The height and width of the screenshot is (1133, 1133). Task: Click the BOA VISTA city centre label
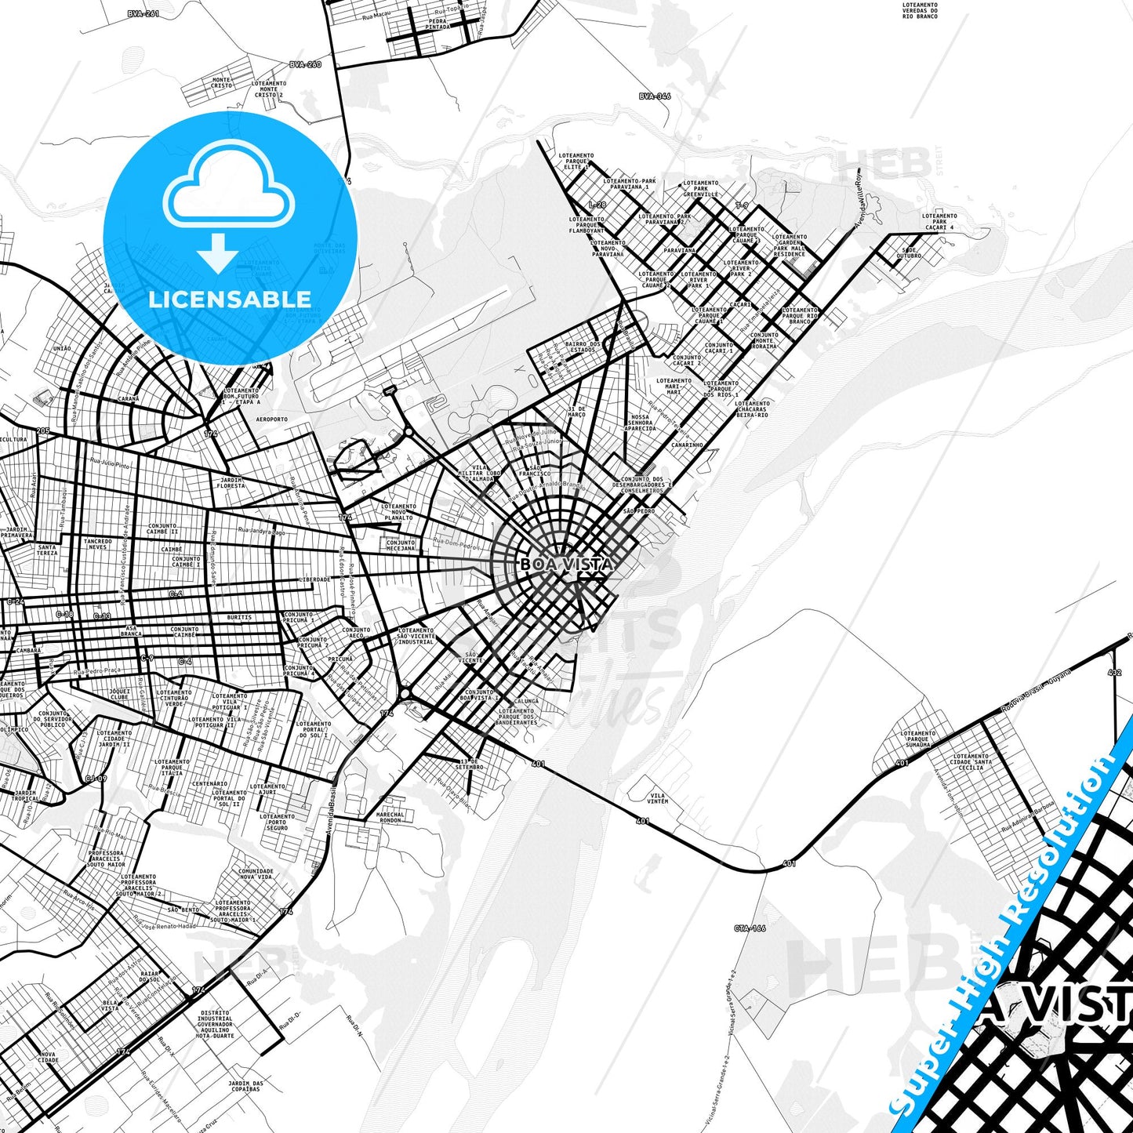tap(566, 564)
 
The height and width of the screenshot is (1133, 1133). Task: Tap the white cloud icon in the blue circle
tap(229, 189)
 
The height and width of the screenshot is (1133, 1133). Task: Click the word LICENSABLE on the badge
tap(230, 299)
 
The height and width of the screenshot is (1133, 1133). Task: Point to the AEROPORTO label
tap(272, 419)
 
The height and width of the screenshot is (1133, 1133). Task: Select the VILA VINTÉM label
tap(658, 798)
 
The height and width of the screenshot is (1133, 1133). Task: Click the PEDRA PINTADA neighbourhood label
tap(438, 24)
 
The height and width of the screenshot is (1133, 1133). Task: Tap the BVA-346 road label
tap(655, 96)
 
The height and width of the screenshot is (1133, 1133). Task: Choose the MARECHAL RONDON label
tap(390, 817)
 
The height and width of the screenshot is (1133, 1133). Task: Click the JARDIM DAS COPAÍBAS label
tap(245, 1086)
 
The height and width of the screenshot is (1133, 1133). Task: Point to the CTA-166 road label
tap(750, 928)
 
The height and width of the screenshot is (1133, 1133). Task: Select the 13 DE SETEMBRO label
tap(470, 764)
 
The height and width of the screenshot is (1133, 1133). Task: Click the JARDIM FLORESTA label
tap(231, 483)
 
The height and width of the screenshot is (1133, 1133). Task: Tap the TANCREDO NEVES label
tap(98, 544)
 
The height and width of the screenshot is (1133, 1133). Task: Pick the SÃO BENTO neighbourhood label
tap(183, 910)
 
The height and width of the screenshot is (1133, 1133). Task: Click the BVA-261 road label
tap(143, 13)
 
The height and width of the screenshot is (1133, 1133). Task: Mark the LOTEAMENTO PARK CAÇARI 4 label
tap(939, 222)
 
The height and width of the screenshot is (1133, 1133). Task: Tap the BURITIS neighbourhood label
tap(239, 618)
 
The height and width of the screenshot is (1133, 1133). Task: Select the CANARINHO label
tap(687, 445)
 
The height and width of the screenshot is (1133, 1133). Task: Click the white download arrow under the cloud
tap(218, 252)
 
